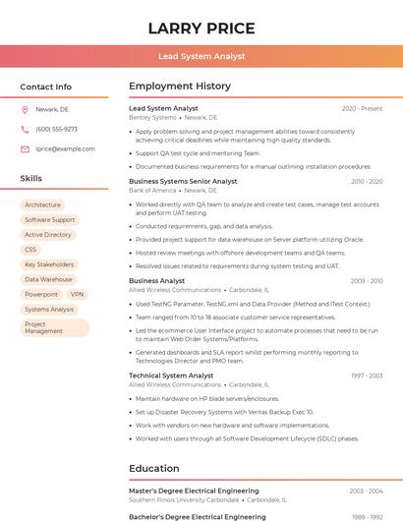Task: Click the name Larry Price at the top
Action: (x=201, y=29)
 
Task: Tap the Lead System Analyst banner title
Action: (x=201, y=56)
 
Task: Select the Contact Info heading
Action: (x=45, y=87)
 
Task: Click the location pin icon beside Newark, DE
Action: (x=25, y=109)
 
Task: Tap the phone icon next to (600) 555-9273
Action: (x=25, y=129)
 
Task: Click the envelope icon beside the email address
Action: (x=25, y=148)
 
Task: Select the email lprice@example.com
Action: (x=65, y=148)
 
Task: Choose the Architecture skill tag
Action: (x=42, y=205)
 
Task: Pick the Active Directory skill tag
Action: (x=48, y=235)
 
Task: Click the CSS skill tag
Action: (x=30, y=250)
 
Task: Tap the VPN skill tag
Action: (x=78, y=294)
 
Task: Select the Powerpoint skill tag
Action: (x=41, y=294)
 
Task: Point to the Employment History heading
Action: (x=180, y=87)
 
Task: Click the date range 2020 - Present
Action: (x=362, y=108)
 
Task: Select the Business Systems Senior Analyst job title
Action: (x=183, y=181)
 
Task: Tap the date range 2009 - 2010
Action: (x=367, y=281)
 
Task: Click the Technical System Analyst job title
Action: (x=171, y=376)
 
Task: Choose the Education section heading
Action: (x=154, y=468)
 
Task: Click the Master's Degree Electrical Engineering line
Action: (x=194, y=491)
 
